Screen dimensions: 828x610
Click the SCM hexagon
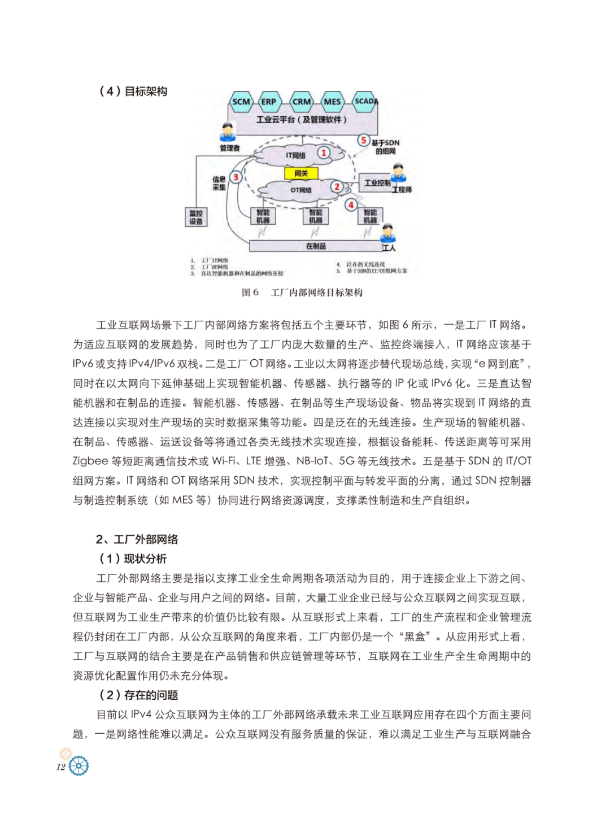pyautogui.click(x=241, y=102)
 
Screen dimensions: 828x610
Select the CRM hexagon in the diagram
pyautogui.click(x=301, y=102)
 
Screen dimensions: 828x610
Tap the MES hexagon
pyautogui.click(x=332, y=102)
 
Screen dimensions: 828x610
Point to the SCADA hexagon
pyautogui.click(x=365, y=101)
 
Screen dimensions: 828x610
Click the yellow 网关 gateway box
pyautogui.click(x=301, y=173)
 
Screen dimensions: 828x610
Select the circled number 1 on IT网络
pyautogui.click(x=324, y=152)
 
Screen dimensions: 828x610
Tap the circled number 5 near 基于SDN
pyautogui.click(x=364, y=140)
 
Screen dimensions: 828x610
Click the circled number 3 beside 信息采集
pyautogui.click(x=236, y=177)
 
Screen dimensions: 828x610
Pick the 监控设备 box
pyautogui.click(x=196, y=217)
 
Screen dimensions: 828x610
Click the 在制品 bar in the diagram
pyautogui.click(x=316, y=246)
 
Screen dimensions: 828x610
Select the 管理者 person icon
pyautogui.click(x=228, y=133)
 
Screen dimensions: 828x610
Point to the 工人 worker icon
pyautogui.click(x=387, y=234)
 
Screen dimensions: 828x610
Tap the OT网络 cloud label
pyautogui.click(x=301, y=190)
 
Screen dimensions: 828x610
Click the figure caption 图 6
pyautogui.click(x=250, y=292)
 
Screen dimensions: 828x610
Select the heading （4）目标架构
pyautogui.click(x=133, y=91)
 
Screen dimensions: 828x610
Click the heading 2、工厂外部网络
pyautogui.click(x=137, y=539)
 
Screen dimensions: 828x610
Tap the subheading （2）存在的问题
pyautogui.click(x=138, y=695)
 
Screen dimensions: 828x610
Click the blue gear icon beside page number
pyautogui.click(x=79, y=766)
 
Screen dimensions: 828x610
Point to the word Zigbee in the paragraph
pyautogui.click(x=90, y=461)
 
